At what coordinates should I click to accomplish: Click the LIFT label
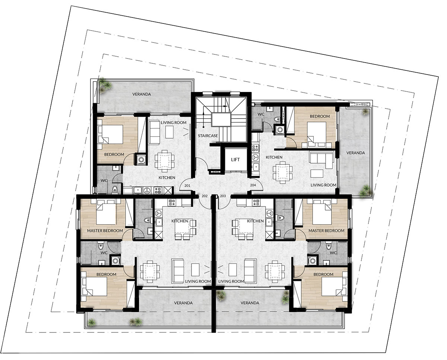tap(235, 160)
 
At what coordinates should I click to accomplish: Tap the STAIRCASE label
tap(208, 136)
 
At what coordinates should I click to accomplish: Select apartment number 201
tap(187, 186)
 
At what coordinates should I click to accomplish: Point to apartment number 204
tap(253, 185)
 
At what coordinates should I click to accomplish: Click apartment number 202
tap(205, 196)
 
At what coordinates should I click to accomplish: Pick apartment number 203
tap(223, 196)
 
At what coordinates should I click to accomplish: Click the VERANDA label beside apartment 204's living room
tap(356, 153)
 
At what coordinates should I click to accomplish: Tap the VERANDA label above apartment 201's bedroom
tap(142, 94)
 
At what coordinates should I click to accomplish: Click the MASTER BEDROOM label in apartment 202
tap(105, 231)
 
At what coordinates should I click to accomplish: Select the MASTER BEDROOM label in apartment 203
tap(326, 231)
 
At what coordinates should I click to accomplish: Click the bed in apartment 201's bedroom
tap(110, 134)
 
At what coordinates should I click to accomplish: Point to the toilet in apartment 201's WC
tap(114, 190)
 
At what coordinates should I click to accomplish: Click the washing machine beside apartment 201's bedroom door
tap(142, 160)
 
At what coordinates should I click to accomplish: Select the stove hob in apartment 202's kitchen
tap(172, 202)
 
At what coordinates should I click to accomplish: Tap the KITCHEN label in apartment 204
tap(274, 157)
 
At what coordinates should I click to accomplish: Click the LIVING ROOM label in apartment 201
tap(174, 123)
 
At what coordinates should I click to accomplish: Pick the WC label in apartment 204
tap(261, 114)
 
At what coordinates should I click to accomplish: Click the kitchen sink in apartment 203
tap(269, 222)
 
